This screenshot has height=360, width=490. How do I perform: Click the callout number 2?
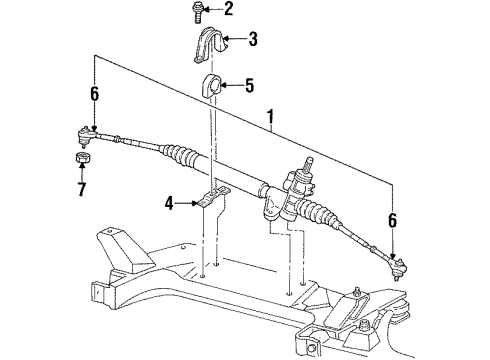point(229,11)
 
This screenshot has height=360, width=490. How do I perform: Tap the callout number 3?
point(253,40)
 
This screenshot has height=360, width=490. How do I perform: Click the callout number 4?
point(169,205)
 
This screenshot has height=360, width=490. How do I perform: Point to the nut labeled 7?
point(81,161)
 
